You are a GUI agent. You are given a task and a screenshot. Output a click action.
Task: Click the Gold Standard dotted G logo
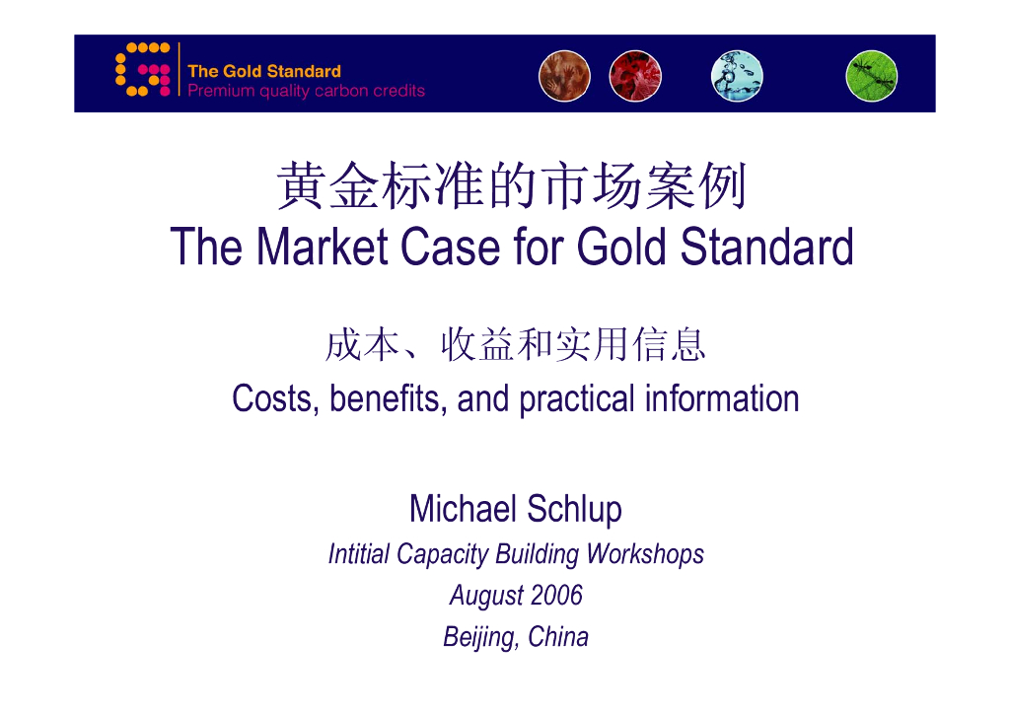tap(143, 70)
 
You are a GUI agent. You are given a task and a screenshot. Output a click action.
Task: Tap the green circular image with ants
tap(871, 76)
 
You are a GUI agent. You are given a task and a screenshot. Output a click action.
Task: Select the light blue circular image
tap(737, 76)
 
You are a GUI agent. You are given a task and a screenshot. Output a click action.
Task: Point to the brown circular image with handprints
tap(564, 76)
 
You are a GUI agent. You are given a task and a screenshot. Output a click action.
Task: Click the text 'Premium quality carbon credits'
tap(306, 91)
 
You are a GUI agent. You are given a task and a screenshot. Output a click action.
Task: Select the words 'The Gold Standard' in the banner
tap(263, 71)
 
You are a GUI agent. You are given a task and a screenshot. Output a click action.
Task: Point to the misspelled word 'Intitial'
tap(359, 554)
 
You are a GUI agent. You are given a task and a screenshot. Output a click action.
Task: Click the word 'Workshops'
tap(645, 554)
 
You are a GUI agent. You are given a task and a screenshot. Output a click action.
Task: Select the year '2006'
tap(556, 596)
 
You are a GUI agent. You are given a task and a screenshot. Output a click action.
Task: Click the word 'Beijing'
tap(480, 638)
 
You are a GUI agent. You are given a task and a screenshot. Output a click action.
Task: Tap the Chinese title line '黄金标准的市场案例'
tap(511, 187)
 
